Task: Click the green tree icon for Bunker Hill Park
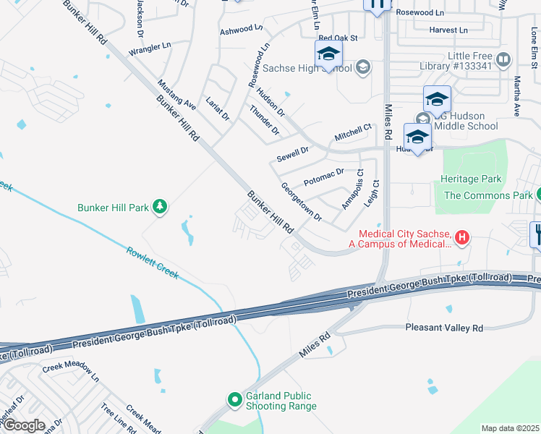(160, 208)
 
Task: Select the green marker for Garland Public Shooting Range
(234, 399)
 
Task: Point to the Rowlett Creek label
(153, 263)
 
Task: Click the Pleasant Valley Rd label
(443, 328)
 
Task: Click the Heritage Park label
(470, 179)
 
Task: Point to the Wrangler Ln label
(150, 48)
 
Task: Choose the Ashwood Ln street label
(242, 30)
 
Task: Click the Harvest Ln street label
(448, 30)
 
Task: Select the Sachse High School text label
(307, 69)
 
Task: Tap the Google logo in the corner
(23, 425)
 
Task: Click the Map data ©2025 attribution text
(510, 428)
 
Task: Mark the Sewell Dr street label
(292, 154)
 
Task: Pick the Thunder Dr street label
(264, 120)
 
